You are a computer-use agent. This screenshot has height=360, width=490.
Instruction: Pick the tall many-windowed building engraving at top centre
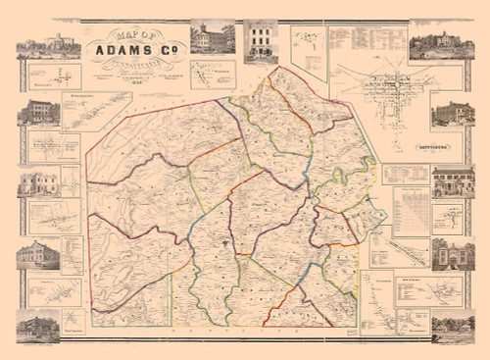point(260,40)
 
